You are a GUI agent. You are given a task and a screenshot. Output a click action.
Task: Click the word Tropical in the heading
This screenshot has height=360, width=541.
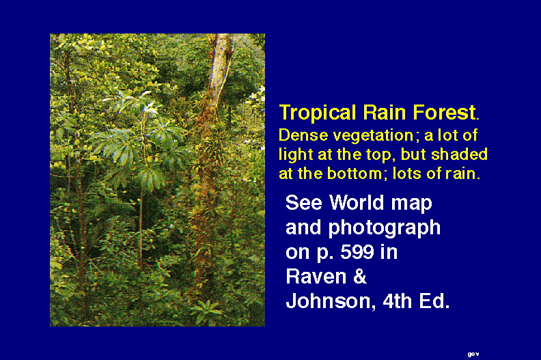(318, 113)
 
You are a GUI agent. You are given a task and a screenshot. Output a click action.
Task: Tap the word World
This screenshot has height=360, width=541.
(357, 202)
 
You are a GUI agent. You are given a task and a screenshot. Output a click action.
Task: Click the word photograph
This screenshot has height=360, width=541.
(385, 228)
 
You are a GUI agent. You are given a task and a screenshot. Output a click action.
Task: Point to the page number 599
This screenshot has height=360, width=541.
(357, 252)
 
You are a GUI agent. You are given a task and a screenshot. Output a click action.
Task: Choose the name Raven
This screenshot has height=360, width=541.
(316, 277)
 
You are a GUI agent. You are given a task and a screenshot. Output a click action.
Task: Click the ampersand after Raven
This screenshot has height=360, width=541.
(360, 277)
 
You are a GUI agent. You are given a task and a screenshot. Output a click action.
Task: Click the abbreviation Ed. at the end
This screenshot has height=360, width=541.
(434, 301)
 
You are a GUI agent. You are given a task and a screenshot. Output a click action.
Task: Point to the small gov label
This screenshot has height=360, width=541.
(473, 354)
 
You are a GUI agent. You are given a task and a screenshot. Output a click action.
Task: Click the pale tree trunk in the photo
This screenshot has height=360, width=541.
(219, 69)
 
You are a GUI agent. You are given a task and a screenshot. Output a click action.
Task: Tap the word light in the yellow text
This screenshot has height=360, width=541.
(296, 155)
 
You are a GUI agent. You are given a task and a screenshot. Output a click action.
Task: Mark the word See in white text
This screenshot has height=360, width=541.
(304, 202)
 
